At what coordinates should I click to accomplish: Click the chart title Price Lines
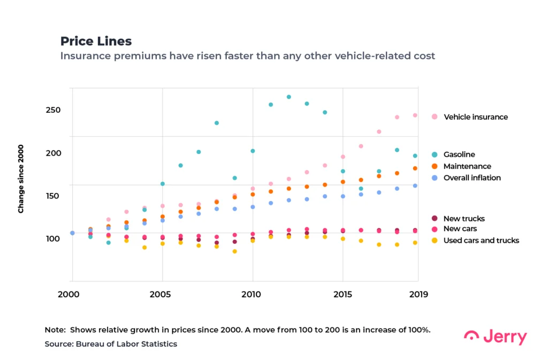pos(96,41)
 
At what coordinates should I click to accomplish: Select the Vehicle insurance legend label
pos(475,117)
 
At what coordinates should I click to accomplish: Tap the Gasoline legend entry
pos(459,155)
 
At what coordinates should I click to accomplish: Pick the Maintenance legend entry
pos(467,166)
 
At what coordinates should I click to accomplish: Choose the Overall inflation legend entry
pos(472,178)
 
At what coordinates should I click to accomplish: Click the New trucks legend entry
pos(463,218)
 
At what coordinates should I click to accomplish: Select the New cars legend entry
pos(460,229)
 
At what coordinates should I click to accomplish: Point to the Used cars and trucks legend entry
pos(481,241)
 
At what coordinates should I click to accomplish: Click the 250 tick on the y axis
pos(53,110)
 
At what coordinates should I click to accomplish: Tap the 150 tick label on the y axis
pos(53,196)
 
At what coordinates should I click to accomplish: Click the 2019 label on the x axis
pos(418,294)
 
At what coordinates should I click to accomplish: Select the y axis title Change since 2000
pos(21,179)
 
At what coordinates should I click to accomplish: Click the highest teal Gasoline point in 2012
pos(289,97)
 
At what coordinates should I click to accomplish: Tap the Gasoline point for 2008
pos(217,123)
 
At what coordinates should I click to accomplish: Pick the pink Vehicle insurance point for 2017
pos(379,132)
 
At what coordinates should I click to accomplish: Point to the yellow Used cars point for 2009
pos(234,251)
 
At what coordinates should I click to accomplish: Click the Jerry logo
pos(495,337)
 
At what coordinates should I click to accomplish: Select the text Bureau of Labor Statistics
pos(127,344)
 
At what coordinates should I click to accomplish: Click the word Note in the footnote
pos(55,330)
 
